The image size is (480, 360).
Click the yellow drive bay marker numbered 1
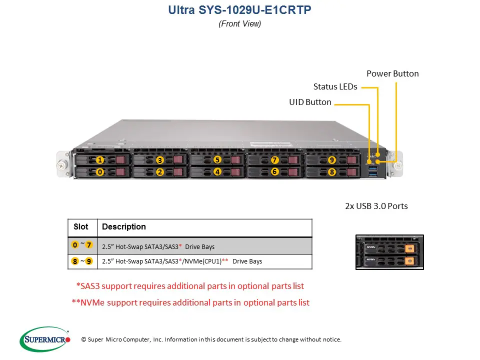point(100,160)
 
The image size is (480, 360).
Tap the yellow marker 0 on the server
point(100,172)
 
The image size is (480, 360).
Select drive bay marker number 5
point(217,160)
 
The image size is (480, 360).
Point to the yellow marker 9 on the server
point(331,160)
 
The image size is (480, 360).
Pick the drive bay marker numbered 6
point(274,171)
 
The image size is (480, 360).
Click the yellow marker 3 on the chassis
point(159,160)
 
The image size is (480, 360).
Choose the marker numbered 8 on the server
point(331,172)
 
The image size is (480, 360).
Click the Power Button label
point(392,73)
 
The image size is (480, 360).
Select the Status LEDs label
point(335,86)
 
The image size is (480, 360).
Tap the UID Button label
point(310,102)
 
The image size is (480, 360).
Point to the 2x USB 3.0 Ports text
point(376,206)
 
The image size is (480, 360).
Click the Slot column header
point(81,227)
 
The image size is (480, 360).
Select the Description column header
point(124,227)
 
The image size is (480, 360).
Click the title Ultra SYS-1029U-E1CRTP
point(240,10)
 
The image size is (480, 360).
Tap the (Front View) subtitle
point(240,23)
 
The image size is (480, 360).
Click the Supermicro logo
point(45,340)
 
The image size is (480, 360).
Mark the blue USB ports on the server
point(372,171)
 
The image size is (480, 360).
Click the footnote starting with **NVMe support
point(190,302)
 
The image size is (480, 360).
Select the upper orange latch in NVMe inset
point(408,247)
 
